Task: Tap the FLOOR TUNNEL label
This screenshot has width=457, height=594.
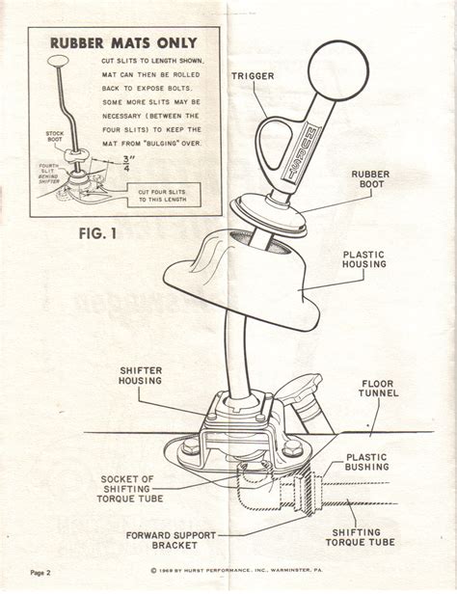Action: [378, 390]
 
